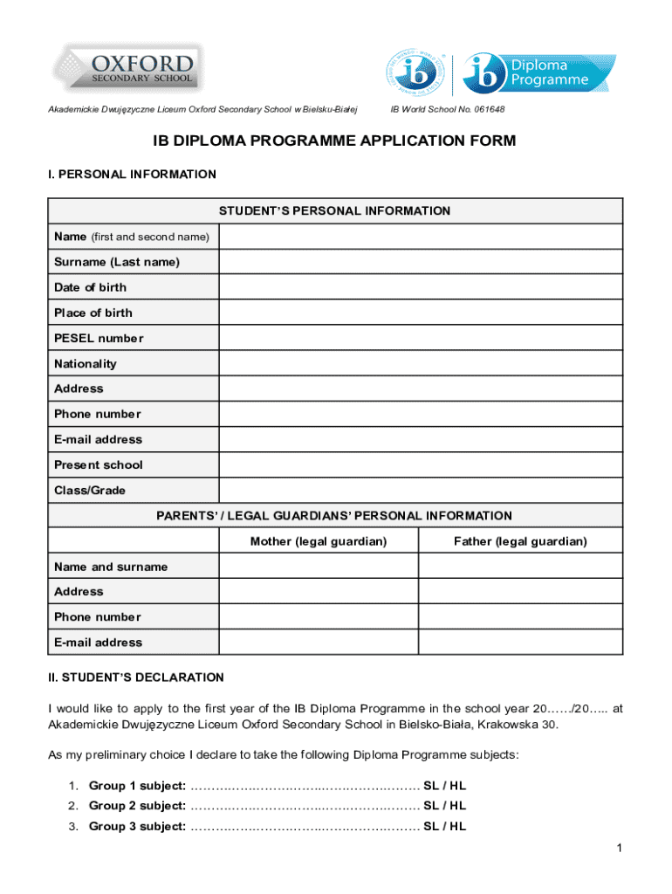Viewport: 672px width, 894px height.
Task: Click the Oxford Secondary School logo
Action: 127,69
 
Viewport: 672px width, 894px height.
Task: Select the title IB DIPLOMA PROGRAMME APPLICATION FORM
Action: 335,141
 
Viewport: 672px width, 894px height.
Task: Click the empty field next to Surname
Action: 421,262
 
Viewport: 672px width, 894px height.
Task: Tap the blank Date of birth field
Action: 421,287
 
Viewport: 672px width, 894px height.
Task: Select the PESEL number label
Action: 99,338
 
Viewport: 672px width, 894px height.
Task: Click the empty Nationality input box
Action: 421,363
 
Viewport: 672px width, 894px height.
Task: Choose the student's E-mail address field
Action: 421,439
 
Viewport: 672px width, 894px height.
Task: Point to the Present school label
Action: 99,464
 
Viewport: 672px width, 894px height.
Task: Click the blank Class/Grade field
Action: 421,490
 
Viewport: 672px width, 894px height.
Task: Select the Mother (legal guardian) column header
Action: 319,541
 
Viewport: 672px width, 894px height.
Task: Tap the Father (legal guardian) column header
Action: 520,541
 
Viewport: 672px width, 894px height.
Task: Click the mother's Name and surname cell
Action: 319,567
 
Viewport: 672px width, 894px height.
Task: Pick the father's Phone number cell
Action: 520,616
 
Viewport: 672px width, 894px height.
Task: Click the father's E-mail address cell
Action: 520,642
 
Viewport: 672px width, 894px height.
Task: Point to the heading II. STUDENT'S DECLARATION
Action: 136,677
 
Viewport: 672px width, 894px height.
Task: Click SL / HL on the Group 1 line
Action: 445,786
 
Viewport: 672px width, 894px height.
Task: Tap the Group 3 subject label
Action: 137,826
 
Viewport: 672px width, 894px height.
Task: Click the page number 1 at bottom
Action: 617,848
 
